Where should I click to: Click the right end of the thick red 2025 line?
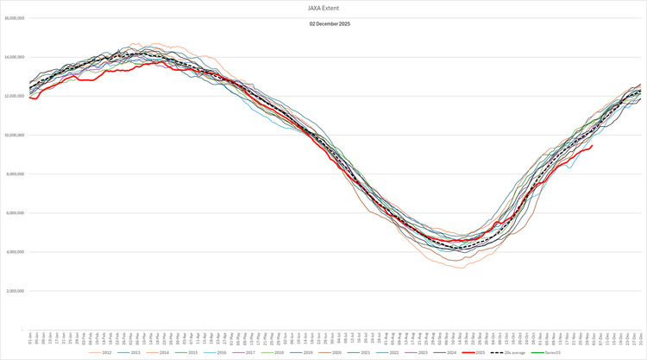[591, 146]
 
